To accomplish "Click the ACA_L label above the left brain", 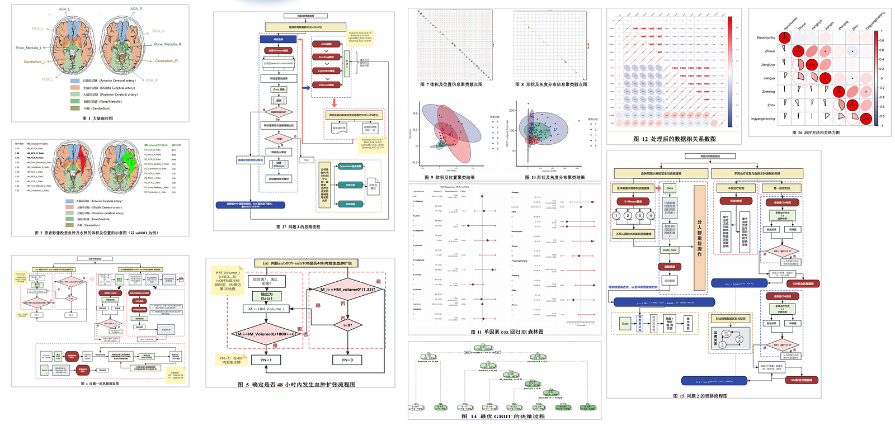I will coord(64,9).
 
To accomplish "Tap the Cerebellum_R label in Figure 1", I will coord(166,61).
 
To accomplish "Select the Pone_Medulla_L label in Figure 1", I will coord(27,48).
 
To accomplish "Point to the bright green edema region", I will coord(131,162).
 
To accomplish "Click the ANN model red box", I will coord(326,44).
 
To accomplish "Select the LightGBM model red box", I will coord(326,71).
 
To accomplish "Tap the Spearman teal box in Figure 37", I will coord(350,166).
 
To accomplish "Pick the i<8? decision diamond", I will coord(347,325).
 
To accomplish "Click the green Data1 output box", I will coord(267,296).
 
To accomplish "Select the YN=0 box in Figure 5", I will coord(347,360).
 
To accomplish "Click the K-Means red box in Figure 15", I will coord(633,201).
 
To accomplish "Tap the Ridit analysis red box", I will coord(736,201).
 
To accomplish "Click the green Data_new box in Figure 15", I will coord(670,250).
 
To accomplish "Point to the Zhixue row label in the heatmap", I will coord(770,51).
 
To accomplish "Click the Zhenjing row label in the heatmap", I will coord(768,92).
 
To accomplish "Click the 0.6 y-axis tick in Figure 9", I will coord(416,113).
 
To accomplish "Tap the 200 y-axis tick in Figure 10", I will coord(511,111).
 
